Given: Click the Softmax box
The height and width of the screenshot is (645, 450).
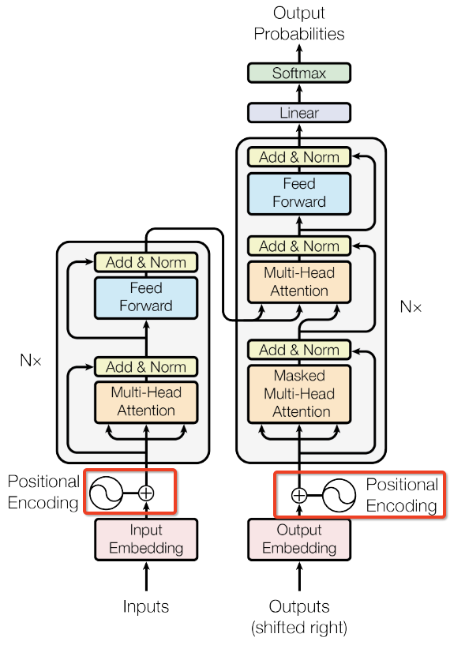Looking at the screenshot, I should [x=298, y=73].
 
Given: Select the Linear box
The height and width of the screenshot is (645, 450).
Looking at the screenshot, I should [x=298, y=113].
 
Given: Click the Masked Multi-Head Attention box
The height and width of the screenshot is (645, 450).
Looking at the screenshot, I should [x=298, y=394].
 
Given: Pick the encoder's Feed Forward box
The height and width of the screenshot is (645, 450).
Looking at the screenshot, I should [x=145, y=297].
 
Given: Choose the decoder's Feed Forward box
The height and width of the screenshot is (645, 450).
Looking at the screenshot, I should [x=298, y=193].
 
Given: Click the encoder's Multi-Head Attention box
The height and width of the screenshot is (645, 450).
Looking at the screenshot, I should [x=145, y=401].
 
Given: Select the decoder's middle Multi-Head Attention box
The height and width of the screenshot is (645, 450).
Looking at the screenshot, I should [x=298, y=282].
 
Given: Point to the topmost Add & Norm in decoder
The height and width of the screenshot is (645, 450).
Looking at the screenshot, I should [x=298, y=157].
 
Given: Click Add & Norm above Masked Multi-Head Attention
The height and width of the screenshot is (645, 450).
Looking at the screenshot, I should [x=298, y=350].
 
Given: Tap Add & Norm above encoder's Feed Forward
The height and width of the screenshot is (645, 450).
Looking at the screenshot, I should [x=145, y=262].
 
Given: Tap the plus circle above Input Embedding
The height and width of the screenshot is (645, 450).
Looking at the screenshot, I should [x=145, y=493].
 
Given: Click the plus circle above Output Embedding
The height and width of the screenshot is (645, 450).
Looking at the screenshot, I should [x=298, y=495].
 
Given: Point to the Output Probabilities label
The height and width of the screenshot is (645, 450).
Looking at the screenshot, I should [x=298, y=24].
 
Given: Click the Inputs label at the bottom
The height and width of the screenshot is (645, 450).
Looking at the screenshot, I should [x=145, y=607].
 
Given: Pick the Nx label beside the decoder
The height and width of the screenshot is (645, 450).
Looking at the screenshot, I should [x=411, y=306].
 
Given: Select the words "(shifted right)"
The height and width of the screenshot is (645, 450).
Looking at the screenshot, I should [x=298, y=628].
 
